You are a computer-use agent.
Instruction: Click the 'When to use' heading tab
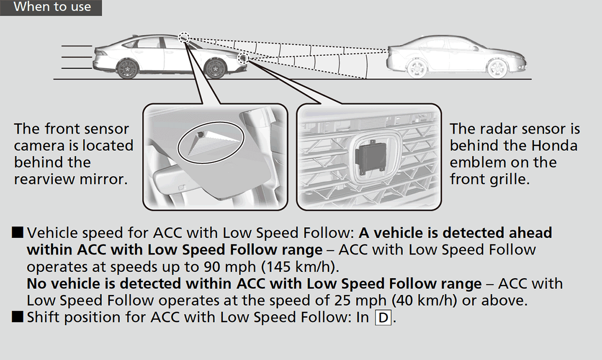(x=52, y=7)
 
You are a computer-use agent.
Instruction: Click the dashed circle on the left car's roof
(x=184, y=38)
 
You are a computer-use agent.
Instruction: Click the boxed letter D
(x=382, y=318)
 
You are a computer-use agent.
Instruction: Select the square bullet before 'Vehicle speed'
(x=18, y=233)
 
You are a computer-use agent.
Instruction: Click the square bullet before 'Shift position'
(x=18, y=317)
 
